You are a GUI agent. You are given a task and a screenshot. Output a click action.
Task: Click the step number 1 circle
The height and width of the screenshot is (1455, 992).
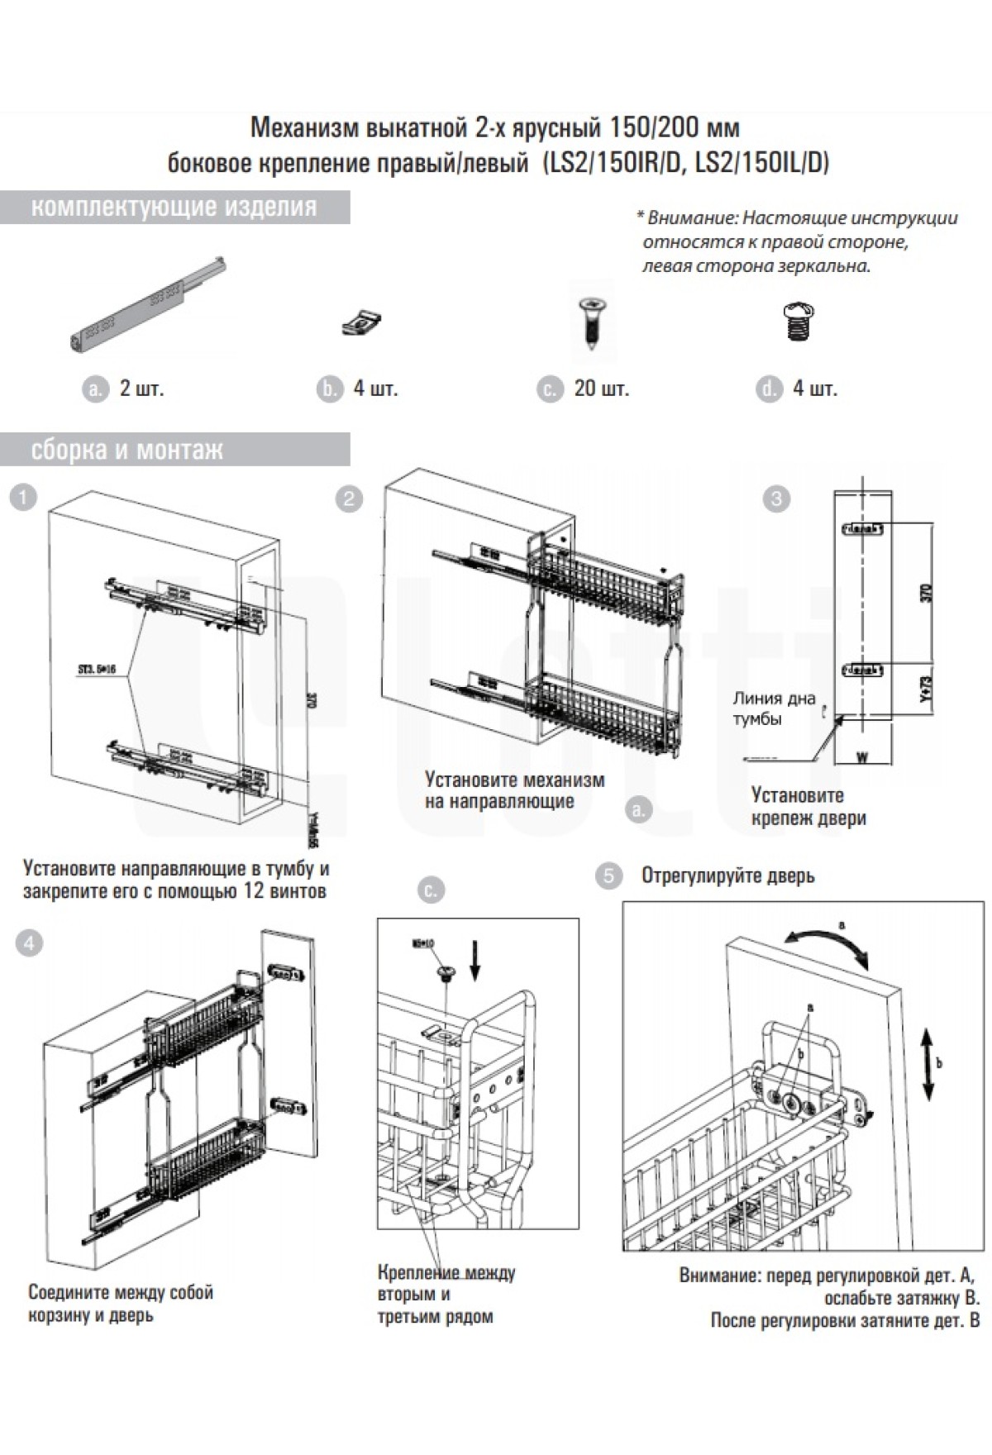pos(26,498)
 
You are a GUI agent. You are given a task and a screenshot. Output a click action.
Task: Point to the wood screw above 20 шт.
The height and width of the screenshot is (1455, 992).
pos(591,323)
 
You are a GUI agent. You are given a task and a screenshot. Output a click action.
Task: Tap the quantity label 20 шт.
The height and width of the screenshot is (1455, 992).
pos(601,389)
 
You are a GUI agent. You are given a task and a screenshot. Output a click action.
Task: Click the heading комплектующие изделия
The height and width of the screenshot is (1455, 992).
pos(174,207)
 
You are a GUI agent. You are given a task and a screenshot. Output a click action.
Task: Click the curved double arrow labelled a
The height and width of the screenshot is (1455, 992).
pos(827,941)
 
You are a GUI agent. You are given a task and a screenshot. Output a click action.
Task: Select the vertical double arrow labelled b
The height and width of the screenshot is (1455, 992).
pos(927,1063)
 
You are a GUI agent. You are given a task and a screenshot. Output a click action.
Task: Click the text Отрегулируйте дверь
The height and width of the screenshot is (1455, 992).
pos(727,876)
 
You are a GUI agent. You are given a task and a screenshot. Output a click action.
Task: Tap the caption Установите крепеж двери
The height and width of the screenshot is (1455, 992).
pos(808,807)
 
